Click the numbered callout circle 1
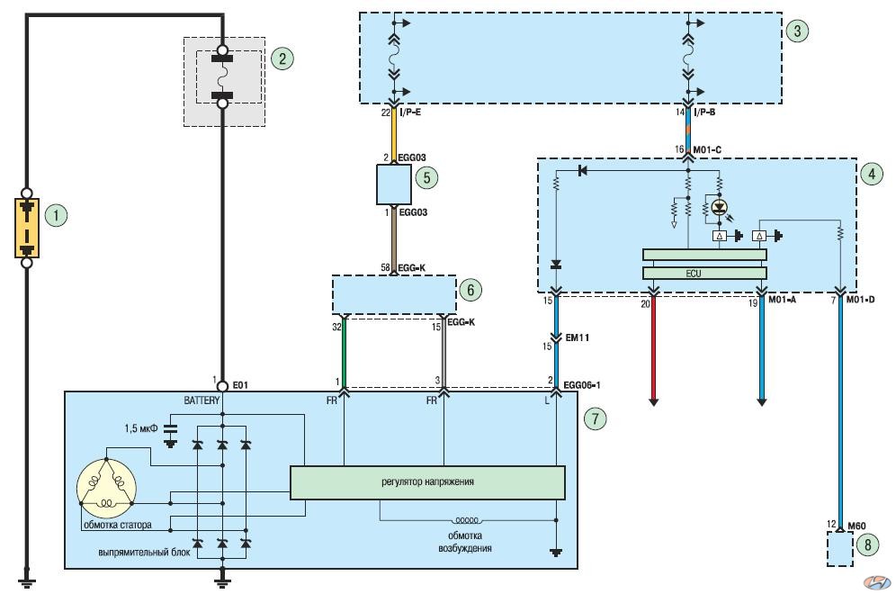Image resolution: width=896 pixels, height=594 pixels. (x=56, y=215)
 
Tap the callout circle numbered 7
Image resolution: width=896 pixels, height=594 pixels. (x=595, y=418)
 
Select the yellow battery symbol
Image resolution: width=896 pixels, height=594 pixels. (x=27, y=228)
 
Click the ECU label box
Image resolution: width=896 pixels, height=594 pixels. (x=704, y=274)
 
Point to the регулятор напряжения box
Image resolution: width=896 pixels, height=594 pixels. (x=427, y=482)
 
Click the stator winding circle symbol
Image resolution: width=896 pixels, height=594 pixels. (x=106, y=488)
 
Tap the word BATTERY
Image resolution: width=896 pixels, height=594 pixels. (x=202, y=400)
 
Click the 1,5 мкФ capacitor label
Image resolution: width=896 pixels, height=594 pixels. (x=140, y=428)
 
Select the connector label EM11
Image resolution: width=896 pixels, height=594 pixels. (x=578, y=337)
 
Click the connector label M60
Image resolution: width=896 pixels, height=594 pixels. (x=856, y=526)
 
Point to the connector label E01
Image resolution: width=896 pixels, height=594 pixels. (x=240, y=385)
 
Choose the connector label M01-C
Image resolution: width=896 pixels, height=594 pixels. (x=707, y=149)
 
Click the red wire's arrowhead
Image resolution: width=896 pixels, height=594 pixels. (x=654, y=401)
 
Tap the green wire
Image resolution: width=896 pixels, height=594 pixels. (x=344, y=354)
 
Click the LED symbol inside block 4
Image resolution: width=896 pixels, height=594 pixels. (x=720, y=206)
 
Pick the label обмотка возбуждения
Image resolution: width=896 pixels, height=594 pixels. (x=464, y=542)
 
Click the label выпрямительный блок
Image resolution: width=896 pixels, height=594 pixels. (x=144, y=553)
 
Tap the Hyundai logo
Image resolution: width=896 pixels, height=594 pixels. (x=877, y=582)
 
